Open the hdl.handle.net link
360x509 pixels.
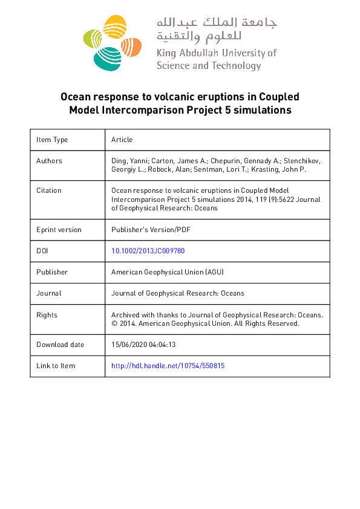(168, 366)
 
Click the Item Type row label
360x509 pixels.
(52, 140)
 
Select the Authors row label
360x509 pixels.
(49, 161)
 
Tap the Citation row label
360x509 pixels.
(49, 190)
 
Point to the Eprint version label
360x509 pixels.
(59, 230)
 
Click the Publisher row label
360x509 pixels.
(52, 272)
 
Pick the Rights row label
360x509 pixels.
(47, 315)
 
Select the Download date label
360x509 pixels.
(61, 345)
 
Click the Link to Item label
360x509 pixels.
(56, 366)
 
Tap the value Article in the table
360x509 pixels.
(122, 140)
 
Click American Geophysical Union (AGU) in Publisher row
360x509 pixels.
(168, 272)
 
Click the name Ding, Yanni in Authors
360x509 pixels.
(129, 161)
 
